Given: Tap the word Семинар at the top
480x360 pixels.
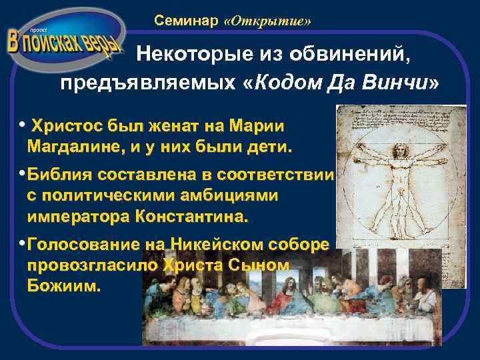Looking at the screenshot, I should coord(187,21).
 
